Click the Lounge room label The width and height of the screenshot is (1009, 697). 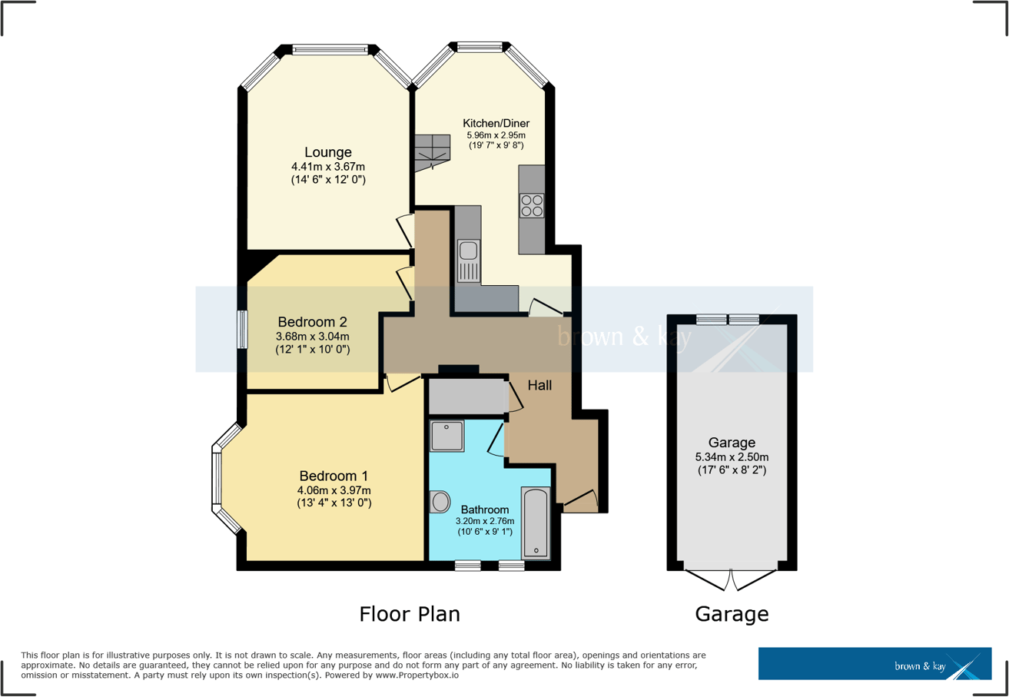pyautogui.click(x=327, y=152)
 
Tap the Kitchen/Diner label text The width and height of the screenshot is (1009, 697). pyautogui.click(x=496, y=123)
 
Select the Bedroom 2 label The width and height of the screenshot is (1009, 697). pyautogui.click(x=312, y=321)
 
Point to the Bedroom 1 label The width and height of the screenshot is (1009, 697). pyautogui.click(x=334, y=475)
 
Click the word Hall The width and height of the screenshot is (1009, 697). pyautogui.click(x=539, y=384)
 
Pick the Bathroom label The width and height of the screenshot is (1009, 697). pyautogui.click(x=485, y=509)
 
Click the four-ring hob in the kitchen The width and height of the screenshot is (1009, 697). pyautogui.click(x=532, y=205)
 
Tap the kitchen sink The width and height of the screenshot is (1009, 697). pyautogui.click(x=468, y=251)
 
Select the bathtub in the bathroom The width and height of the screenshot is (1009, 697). pyautogui.click(x=535, y=522)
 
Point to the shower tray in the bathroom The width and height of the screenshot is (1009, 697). pyautogui.click(x=446, y=436)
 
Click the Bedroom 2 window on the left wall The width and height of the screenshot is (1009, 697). pyautogui.click(x=242, y=329)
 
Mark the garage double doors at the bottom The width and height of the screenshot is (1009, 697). pyautogui.click(x=731, y=578)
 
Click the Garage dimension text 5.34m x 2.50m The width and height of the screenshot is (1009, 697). pyautogui.click(x=732, y=456)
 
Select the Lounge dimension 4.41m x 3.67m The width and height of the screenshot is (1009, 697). pyautogui.click(x=327, y=167)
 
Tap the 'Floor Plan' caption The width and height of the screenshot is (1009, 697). pyautogui.click(x=409, y=614)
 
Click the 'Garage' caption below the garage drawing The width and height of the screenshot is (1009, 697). pyautogui.click(x=732, y=614)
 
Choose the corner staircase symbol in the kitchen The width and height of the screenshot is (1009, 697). pyautogui.click(x=431, y=151)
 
